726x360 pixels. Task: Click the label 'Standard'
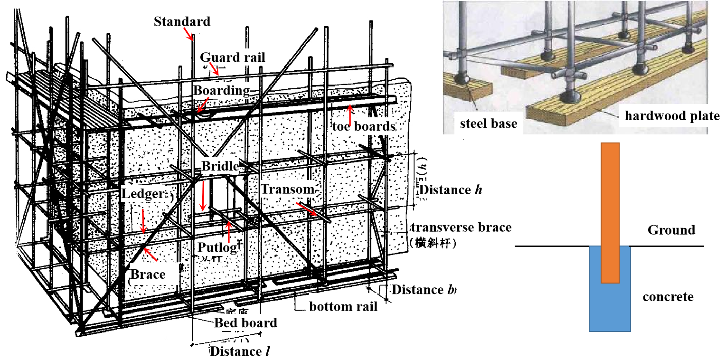point(182,21)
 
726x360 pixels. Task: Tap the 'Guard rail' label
point(232,57)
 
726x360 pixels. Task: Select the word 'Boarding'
point(221,90)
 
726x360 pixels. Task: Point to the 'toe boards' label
point(364,126)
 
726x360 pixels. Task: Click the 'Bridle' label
point(220,166)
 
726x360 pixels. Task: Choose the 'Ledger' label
point(143,194)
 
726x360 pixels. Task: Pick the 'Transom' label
point(288,189)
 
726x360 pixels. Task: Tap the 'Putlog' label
point(217,247)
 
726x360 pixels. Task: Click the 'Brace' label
point(148,274)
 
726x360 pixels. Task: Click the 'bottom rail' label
point(343,306)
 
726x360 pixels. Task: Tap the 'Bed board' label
point(245,323)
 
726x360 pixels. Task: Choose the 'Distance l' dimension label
point(236,351)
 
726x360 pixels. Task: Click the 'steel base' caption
point(489,124)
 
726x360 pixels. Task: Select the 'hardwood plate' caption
point(672,116)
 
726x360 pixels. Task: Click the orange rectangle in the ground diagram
point(610,213)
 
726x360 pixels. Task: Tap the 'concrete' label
point(668,297)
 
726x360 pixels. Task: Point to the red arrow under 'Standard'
point(189,33)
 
